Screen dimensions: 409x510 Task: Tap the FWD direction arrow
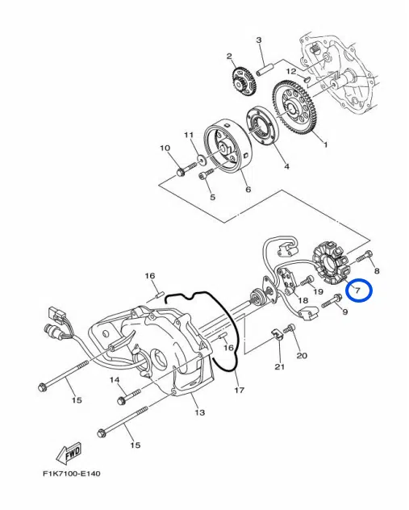click(69, 454)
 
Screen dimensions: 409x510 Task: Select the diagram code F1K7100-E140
click(72, 474)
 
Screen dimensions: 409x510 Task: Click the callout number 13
click(199, 412)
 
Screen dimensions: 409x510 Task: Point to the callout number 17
click(240, 390)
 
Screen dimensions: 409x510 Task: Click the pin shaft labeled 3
click(265, 69)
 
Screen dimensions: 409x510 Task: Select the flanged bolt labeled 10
click(186, 169)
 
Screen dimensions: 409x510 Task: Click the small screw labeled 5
click(206, 173)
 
